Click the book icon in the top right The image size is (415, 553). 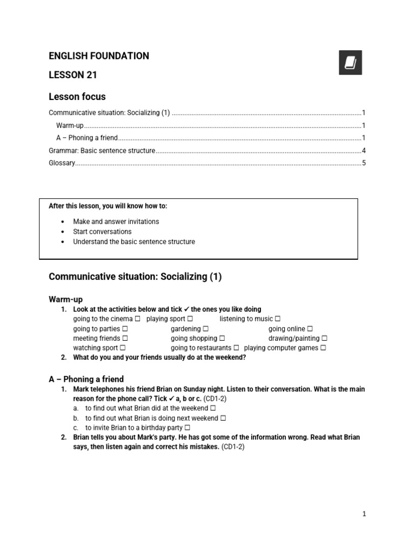pyautogui.click(x=350, y=63)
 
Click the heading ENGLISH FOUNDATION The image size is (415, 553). pyautogui.click(x=99, y=56)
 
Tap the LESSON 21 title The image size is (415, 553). pyautogui.click(x=73, y=75)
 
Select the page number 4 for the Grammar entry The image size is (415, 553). pyautogui.click(x=364, y=151)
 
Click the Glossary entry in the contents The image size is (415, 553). pyautogui.click(x=62, y=163)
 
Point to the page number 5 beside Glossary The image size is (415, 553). pyautogui.click(x=364, y=163)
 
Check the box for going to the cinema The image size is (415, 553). pyautogui.click(x=138, y=319)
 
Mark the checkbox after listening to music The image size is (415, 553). pyautogui.click(x=278, y=319)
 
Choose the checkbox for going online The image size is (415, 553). pyautogui.click(x=310, y=329)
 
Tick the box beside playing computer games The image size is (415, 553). pyautogui.click(x=323, y=348)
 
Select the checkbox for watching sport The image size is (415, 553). pyautogui.click(x=123, y=348)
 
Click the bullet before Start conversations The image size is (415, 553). pyautogui.click(x=63, y=232)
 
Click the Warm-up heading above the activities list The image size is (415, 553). pyautogui.click(x=65, y=299)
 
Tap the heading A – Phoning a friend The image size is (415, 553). pyautogui.click(x=86, y=379)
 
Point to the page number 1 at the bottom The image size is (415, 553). pyautogui.click(x=364, y=514)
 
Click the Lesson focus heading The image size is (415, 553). pyautogui.click(x=77, y=97)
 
